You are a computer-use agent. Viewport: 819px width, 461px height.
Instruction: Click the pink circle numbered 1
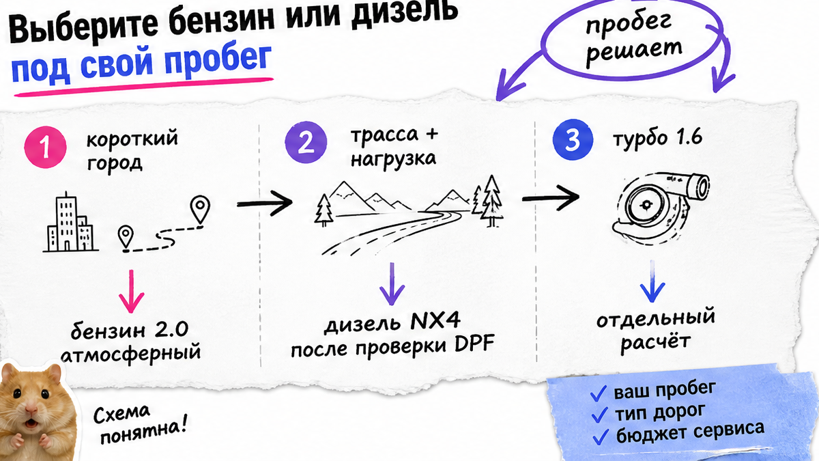pyautogui.click(x=45, y=147)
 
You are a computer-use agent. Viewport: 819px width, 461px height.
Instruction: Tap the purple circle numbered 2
pyautogui.click(x=306, y=142)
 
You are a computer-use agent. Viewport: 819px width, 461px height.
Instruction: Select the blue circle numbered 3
pyautogui.click(x=573, y=140)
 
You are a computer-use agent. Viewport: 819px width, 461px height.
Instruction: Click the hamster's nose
pyautogui.click(x=31, y=408)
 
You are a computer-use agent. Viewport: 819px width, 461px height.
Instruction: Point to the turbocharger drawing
pyautogui.click(x=661, y=207)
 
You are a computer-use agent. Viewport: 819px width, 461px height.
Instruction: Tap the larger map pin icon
pyautogui.click(x=200, y=210)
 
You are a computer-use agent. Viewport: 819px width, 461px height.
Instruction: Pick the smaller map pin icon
pyautogui.click(x=126, y=238)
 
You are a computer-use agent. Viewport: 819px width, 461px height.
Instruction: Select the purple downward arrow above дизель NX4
pyautogui.click(x=392, y=284)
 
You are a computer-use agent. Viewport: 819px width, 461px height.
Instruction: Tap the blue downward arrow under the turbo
pyautogui.click(x=652, y=281)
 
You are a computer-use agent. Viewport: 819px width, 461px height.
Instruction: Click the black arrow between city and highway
pyautogui.click(x=265, y=202)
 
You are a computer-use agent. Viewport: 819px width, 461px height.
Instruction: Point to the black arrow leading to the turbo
pyautogui.click(x=551, y=197)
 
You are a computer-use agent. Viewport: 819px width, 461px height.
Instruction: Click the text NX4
pyautogui.click(x=435, y=321)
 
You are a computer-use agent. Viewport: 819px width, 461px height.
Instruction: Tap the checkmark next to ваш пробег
pyautogui.click(x=599, y=393)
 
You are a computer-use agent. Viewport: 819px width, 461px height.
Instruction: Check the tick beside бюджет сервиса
pyautogui.click(x=601, y=436)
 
